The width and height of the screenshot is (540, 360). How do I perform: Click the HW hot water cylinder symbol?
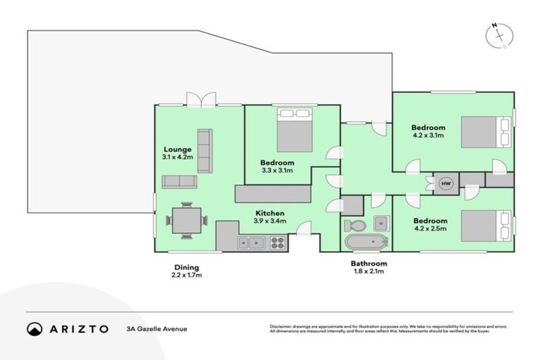(445, 184)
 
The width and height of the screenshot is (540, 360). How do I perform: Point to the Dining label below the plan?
(187, 267)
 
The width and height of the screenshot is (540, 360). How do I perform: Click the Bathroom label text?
(368, 264)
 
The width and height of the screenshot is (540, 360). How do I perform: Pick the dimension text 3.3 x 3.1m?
(277, 170)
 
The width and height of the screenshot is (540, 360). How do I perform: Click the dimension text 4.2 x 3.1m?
(427, 136)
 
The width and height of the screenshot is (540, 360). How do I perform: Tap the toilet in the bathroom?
(354, 225)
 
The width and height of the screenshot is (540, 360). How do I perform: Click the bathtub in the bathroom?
(366, 243)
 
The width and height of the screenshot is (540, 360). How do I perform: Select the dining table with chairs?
(186, 220)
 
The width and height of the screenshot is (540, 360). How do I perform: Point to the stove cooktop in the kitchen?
(277, 243)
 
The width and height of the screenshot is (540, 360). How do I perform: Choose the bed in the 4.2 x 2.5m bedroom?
(485, 225)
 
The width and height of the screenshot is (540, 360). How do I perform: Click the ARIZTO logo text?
(67, 328)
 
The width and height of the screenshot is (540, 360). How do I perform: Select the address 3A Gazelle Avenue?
(157, 328)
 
